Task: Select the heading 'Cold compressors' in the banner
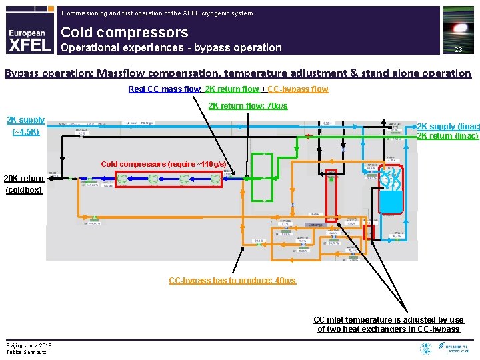tap(125, 32)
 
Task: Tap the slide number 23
tap(458, 50)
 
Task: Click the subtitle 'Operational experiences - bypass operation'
tap(171, 48)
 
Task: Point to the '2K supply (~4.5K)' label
tap(25, 125)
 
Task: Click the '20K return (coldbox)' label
tap(24, 183)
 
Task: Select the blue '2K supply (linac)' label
tap(447, 127)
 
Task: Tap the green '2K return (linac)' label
tap(447, 136)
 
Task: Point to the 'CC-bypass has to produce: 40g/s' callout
tap(232, 280)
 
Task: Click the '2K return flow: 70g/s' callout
tap(248, 105)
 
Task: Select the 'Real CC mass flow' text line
tap(228, 89)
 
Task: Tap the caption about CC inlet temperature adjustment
tap(389, 325)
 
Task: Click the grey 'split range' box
tap(314, 225)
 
